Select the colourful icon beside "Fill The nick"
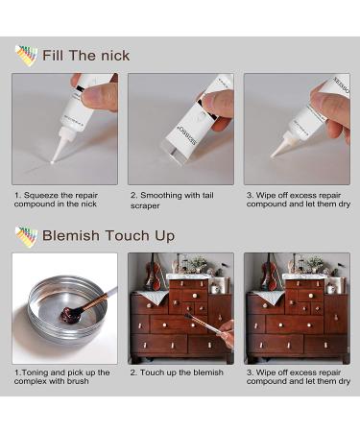pyautogui.click(x=26, y=55)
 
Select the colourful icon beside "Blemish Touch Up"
pyautogui.click(x=26, y=234)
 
